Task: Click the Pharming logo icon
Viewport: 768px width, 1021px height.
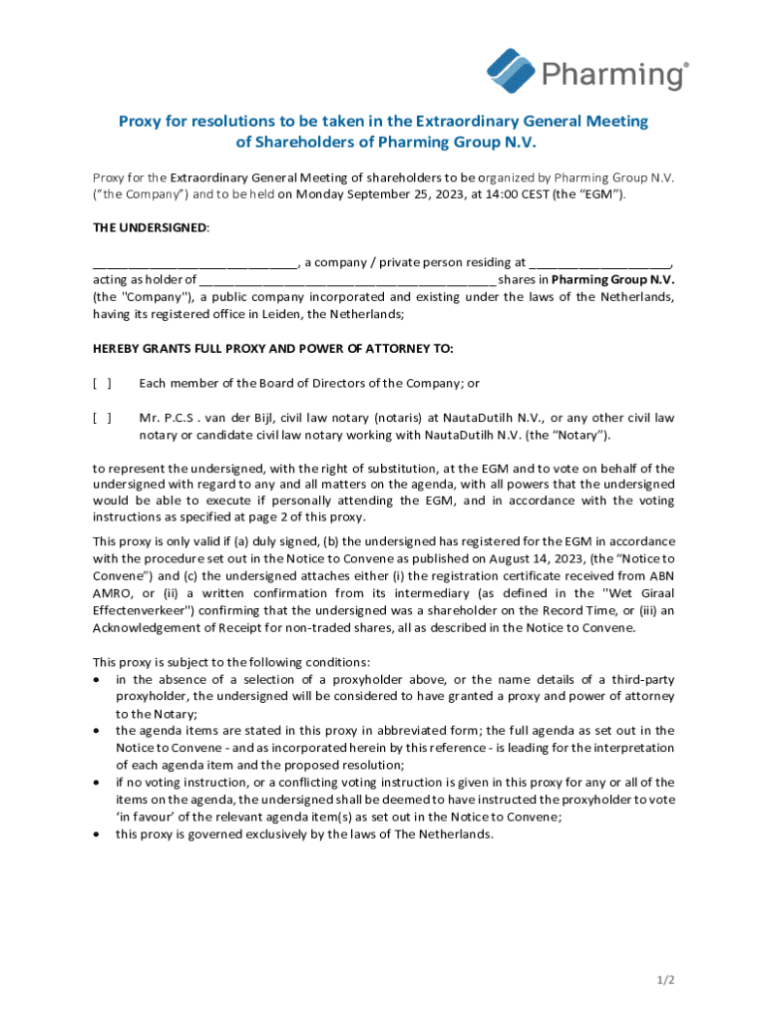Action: coord(512,70)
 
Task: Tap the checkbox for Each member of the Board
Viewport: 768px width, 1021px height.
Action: coord(102,383)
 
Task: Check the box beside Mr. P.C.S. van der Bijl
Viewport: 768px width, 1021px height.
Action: coord(102,418)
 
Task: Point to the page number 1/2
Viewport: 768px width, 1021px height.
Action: coord(666,980)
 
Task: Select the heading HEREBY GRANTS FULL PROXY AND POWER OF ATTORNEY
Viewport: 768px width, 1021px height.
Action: coord(272,349)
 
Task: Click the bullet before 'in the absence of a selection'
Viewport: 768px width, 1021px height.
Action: coord(96,679)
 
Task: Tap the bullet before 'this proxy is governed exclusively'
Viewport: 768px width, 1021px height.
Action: coord(96,835)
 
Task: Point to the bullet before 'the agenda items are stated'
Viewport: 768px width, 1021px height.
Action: coord(96,731)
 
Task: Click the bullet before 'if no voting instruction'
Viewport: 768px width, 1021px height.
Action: coord(96,783)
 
